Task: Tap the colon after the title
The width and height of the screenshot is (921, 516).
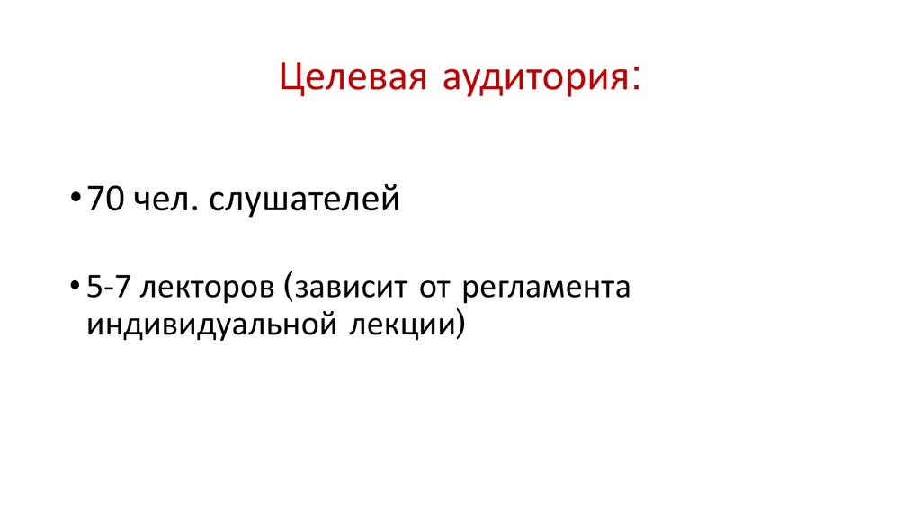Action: point(637,80)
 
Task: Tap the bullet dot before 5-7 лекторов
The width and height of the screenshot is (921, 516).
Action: point(73,289)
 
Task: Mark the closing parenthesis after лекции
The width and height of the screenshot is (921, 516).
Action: point(461,325)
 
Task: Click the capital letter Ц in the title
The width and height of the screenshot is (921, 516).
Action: point(290,78)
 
